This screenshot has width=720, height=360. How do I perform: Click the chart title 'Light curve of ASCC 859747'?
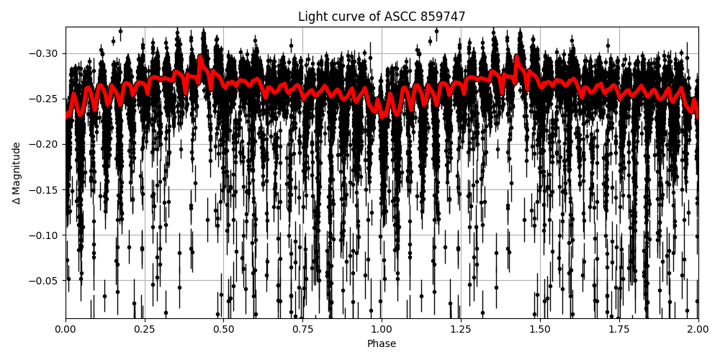[382, 17]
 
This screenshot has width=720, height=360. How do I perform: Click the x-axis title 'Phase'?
[382, 343]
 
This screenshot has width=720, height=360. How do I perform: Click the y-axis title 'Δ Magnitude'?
[17, 173]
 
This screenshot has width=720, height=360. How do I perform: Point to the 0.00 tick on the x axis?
[66, 329]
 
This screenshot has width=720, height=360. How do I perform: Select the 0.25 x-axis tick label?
[145, 329]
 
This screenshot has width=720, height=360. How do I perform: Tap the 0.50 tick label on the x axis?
[223, 329]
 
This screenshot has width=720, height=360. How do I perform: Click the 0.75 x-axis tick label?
[302, 329]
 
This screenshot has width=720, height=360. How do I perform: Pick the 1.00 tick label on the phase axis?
[382, 329]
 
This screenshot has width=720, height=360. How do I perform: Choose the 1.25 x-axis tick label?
[461, 329]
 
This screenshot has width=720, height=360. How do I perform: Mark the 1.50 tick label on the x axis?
[540, 329]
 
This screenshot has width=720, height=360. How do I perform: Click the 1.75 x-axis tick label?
[618, 329]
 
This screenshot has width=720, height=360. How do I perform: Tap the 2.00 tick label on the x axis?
[698, 329]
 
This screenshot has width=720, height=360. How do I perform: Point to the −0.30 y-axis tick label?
[45, 53]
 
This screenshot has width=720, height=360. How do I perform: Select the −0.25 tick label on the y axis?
[45, 99]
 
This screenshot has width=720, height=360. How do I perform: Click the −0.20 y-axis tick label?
[45, 144]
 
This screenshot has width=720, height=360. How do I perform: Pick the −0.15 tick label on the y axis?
[45, 189]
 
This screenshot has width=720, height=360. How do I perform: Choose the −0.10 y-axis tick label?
[45, 235]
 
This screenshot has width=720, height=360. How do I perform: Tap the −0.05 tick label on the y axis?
[45, 280]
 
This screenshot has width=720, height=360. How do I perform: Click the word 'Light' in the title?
[311, 17]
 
